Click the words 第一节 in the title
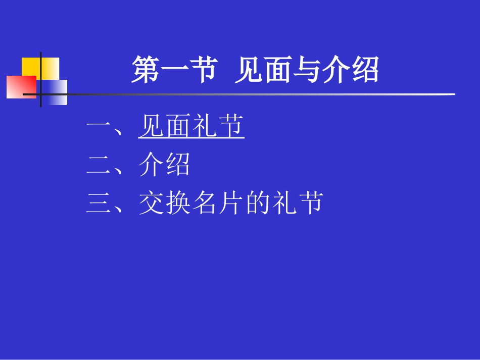[174, 70]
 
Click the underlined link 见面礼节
[191, 127]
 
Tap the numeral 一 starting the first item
[99, 127]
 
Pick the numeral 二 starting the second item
[99, 165]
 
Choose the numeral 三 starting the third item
[99, 204]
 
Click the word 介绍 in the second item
[164, 165]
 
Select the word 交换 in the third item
[164, 204]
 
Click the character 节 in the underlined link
[231, 127]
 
